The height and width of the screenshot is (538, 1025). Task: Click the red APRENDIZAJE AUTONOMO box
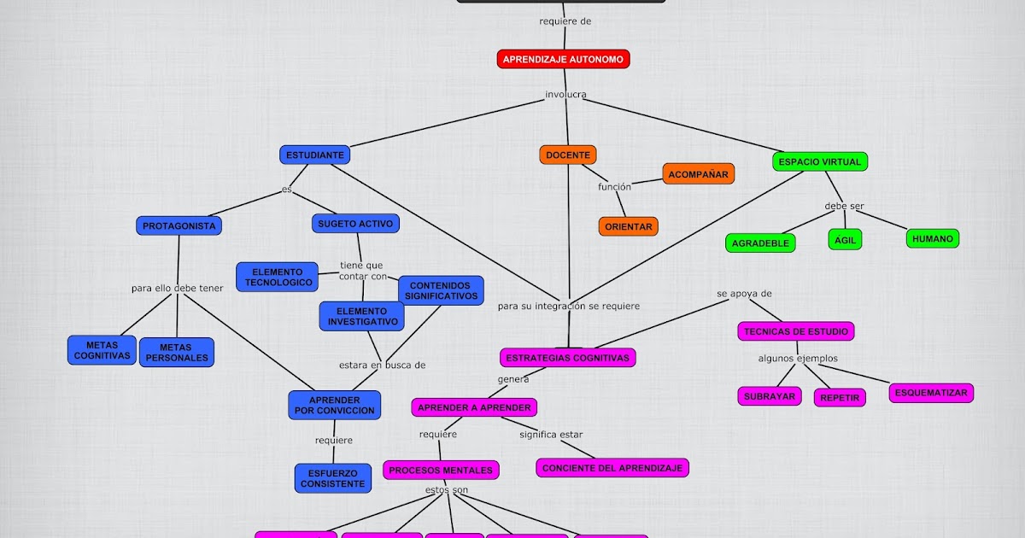click(564, 59)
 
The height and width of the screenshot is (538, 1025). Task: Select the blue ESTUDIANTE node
click(314, 155)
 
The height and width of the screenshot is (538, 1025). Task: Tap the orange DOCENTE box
click(568, 155)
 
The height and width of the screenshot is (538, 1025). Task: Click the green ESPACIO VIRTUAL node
click(821, 161)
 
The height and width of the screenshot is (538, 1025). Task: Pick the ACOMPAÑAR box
click(698, 174)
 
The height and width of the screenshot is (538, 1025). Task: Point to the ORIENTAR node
click(628, 226)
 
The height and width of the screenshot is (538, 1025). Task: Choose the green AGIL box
click(845, 239)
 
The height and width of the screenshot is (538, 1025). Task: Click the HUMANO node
click(932, 239)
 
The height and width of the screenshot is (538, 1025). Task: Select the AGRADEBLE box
click(760, 243)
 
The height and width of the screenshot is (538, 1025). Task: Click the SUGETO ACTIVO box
click(355, 224)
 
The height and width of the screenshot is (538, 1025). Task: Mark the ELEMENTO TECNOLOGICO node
click(278, 277)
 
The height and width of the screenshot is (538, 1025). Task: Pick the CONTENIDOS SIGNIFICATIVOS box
click(441, 290)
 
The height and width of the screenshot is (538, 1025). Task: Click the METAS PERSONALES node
click(176, 352)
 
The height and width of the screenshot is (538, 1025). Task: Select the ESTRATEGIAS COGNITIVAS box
click(567, 358)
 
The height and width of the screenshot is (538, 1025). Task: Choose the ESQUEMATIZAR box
click(931, 393)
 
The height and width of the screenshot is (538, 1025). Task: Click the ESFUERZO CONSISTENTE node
click(333, 478)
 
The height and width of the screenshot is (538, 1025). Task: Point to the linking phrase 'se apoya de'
click(744, 293)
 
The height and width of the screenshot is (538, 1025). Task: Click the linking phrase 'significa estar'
click(551, 434)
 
